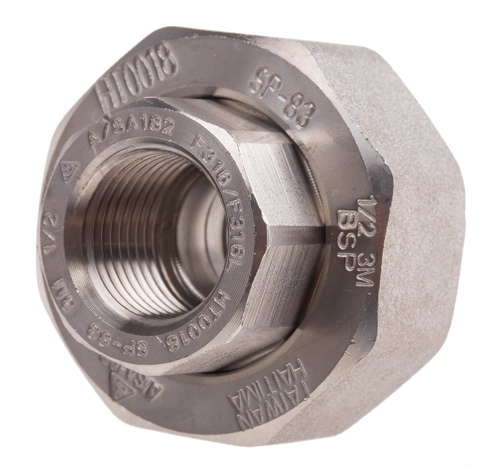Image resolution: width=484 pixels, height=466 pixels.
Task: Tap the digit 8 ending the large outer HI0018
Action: click(166, 60)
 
